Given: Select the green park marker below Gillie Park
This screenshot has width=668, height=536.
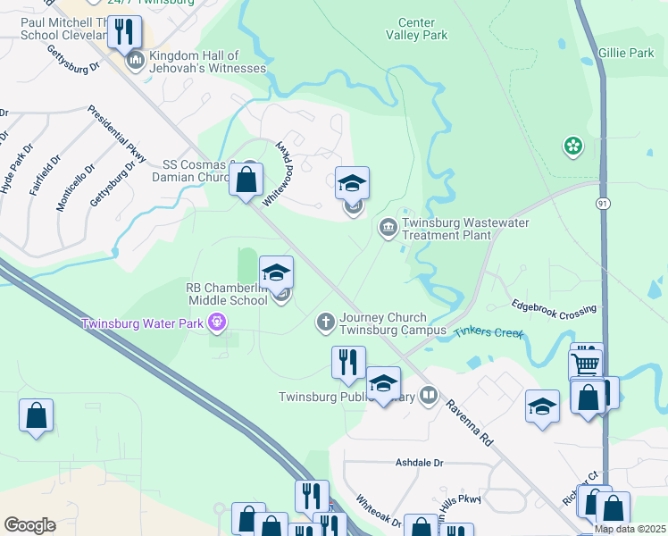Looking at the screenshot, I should click(x=572, y=145).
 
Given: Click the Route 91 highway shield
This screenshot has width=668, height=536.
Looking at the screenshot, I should click(x=604, y=204).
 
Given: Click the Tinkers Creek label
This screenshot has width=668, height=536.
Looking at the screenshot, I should click(x=488, y=332).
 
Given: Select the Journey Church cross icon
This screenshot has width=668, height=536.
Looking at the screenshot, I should click(x=327, y=321).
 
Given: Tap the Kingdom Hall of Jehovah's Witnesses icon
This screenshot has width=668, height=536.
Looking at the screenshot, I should click(x=136, y=61).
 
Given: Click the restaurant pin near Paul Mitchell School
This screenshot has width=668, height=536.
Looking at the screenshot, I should click(x=124, y=32).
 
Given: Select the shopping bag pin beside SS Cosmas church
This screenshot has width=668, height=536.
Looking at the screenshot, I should click(x=246, y=180).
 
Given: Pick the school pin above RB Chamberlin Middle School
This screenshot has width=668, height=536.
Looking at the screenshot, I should click(x=276, y=272).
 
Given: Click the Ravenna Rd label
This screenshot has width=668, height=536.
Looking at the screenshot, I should click(x=470, y=423).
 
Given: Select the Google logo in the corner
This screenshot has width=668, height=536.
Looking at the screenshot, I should click(x=29, y=524).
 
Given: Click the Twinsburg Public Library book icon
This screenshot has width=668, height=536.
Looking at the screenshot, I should click(x=430, y=395).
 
